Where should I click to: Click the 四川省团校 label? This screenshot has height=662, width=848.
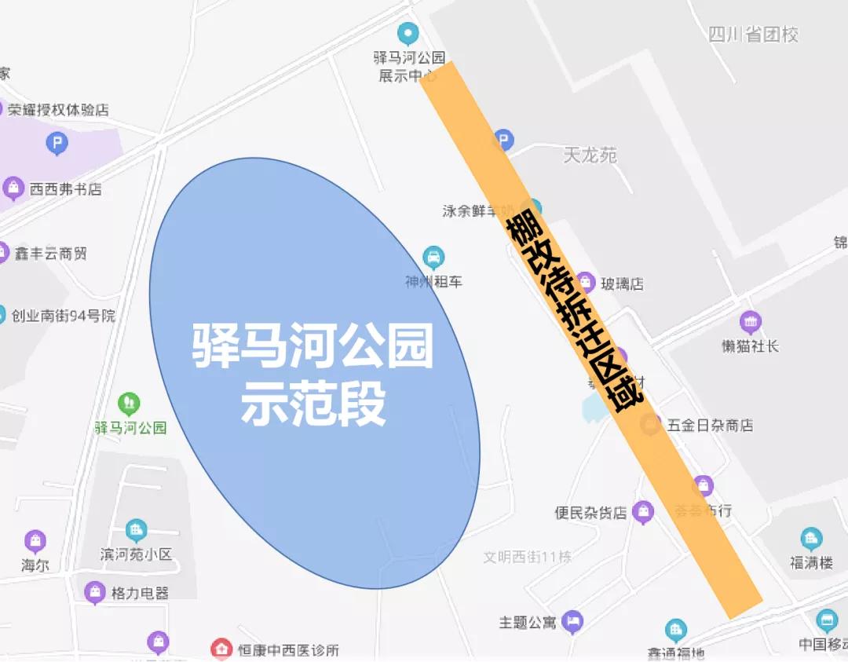pos(753,35)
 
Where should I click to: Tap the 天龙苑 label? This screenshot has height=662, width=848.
pos(590,155)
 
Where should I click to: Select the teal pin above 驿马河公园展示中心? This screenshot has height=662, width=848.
pos(408,34)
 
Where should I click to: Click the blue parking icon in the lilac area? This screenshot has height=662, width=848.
pos(57,143)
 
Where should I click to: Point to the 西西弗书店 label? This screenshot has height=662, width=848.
pos(65,189)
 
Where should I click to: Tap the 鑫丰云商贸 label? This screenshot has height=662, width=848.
pos(50,254)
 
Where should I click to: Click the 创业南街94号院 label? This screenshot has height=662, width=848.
pos(63,316)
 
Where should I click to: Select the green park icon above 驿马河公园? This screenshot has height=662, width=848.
pos(129,404)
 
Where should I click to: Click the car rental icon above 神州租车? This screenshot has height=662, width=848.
pos(433,257)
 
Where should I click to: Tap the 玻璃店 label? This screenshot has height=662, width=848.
pos(622,283)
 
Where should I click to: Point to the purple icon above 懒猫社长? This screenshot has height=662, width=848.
pos(751,321)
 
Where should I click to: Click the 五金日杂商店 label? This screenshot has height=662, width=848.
pos(710,425)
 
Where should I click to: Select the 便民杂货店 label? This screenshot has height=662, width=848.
pos(590,513)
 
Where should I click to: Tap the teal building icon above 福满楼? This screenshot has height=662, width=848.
pos(811,539)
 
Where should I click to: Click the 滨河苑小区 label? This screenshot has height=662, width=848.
pos(136,554)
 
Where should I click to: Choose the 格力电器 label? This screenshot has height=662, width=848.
pos(140,593)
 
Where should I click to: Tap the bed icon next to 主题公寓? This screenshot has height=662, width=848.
pos(573,622)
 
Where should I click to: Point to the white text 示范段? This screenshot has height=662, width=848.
pos(313,406)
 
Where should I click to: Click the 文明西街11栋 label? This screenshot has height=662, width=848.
pos(527,557)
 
